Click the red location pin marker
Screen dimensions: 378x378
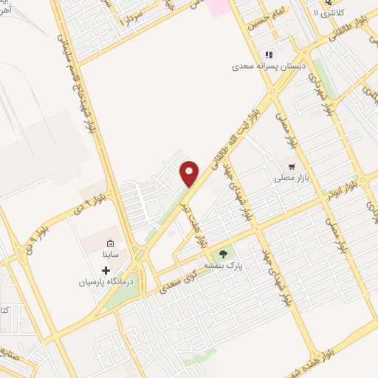pos(190,173)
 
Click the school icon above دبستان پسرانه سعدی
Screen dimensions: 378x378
pos(269,54)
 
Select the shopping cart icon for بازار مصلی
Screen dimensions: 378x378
pos(292,166)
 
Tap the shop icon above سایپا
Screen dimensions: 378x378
pos(110,243)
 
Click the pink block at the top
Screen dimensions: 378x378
pos(219,7)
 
